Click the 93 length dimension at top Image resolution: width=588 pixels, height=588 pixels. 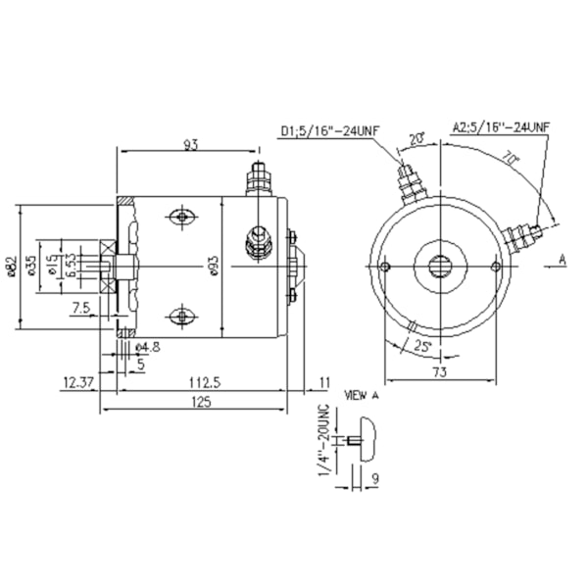tap(190, 145)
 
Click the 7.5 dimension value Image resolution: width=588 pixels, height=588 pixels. tap(81, 308)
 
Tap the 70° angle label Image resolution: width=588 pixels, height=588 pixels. tap(511, 158)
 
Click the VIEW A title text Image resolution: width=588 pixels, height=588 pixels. tap(360, 396)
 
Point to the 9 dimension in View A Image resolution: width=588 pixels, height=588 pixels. tap(376, 479)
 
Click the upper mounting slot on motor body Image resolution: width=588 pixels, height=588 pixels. tap(181, 217)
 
